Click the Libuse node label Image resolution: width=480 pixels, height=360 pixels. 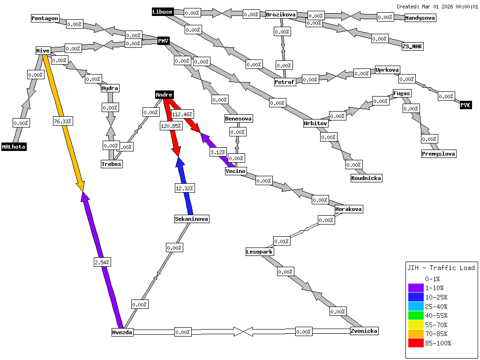[163, 12]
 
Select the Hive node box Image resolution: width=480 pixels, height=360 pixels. [43, 50]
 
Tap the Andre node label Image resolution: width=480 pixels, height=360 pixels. [164, 95]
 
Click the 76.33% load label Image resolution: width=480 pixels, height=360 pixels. [62, 121]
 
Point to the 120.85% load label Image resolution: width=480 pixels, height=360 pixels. [171, 127]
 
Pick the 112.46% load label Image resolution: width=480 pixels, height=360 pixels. [182, 114]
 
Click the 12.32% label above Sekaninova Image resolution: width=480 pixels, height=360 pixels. [184, 188]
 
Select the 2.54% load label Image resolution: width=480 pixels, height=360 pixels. [102, 262]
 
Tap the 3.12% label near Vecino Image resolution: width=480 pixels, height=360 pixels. [218, 152]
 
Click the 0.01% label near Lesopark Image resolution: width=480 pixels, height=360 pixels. [281, 241]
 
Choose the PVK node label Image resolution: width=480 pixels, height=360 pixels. [465, 105]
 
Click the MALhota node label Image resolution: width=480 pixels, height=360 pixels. [14, 147]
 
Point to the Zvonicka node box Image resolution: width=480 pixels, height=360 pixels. [364, 331]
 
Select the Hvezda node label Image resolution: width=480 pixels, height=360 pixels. [122, 332]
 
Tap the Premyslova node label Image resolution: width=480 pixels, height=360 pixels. [438, 154]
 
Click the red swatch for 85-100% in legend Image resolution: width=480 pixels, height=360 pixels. [416, 343]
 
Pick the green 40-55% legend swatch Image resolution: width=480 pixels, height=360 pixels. [416, 315]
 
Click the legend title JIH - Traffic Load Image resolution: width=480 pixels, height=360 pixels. [441, 268]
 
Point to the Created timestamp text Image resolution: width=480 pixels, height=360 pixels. [437, 7]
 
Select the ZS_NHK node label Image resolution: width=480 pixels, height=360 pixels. [412, 46]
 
